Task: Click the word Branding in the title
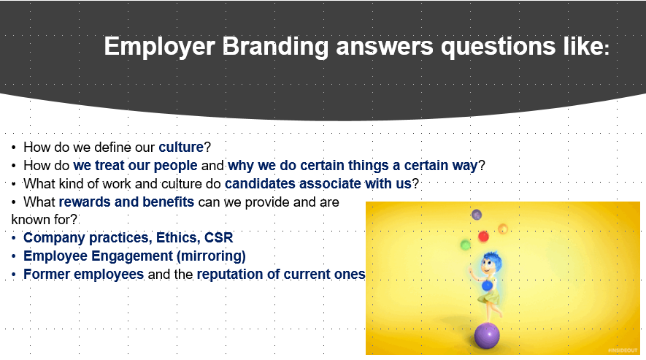pos(274,47)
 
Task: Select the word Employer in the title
pos(159,47)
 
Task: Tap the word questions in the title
pos(498,47)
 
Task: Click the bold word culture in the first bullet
pos(181,148)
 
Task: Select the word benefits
pos(168,202)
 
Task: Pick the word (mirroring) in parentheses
pos(211,256)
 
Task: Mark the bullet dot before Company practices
pos(14,238)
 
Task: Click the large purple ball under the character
pos(487,336)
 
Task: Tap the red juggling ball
pos(483,237)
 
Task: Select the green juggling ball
pos(465,245)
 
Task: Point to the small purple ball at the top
pos(477,215)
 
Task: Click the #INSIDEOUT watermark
pos(623,351)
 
